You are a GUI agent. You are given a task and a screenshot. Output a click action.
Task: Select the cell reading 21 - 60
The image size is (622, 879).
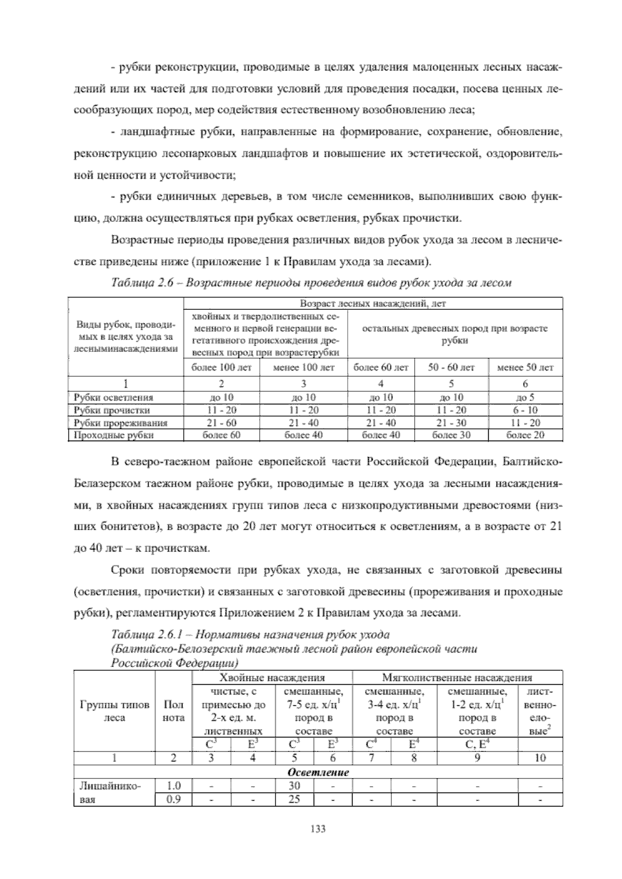pos(221,422)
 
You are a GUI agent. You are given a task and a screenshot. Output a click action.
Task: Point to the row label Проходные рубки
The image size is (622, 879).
pos(114,435)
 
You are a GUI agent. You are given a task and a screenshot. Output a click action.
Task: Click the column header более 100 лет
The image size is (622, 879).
pos(221,367)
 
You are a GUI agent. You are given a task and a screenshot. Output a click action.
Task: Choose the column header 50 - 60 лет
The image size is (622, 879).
pos(451,367)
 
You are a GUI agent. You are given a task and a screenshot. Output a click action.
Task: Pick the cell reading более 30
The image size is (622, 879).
pos(451,435)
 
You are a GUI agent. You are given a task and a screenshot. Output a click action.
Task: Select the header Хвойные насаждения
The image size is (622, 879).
pos(272,677)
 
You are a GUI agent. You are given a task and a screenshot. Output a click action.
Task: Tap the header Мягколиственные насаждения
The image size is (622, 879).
pos(457,677)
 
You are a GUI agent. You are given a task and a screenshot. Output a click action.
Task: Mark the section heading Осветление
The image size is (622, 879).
pos(318,772)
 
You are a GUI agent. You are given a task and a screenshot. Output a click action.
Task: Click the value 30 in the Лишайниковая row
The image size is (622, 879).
pos(294,786)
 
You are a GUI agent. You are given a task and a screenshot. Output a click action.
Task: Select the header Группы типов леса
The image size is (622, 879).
pos(115,712)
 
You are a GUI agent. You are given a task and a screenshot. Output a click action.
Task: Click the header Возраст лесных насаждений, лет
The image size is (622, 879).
pos(373,303)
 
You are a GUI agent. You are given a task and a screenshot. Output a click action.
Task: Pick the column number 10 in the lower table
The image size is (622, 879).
pos(540,758)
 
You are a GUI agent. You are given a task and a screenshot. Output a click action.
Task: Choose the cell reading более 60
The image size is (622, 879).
pos(221,435)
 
